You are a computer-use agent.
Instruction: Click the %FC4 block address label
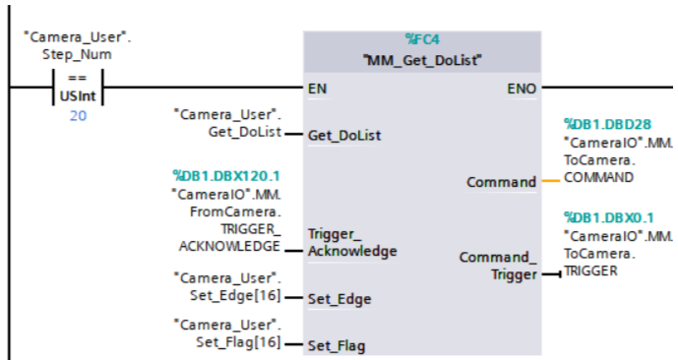pos(422,39)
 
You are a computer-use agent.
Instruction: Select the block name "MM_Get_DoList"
pos(422,60)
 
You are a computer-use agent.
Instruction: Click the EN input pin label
pos(317,89)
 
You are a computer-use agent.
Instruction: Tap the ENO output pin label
pos(522,89)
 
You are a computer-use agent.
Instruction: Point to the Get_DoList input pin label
pos(344,135)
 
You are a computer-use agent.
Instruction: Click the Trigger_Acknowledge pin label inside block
pos(351,243)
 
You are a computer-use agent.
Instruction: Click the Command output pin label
pos(501,182)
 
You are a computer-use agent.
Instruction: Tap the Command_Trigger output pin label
pos(498,266)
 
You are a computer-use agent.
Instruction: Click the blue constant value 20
pos(77,116)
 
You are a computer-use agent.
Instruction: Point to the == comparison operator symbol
pos(77,76)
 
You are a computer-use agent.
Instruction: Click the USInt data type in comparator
pos(77,95)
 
